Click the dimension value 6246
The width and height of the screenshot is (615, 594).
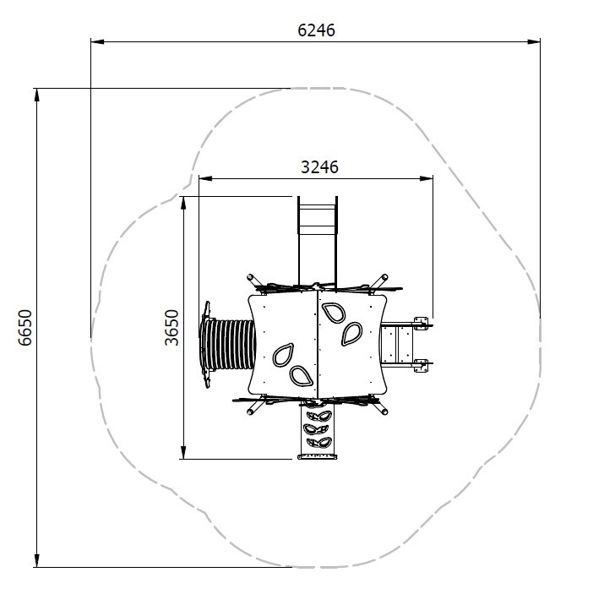click(x=316, y=30)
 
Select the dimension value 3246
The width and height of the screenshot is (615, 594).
click(x=319, y=167)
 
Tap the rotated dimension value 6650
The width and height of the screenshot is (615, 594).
click(x=25, y=328)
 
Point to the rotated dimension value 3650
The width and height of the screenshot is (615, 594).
click(x=171, y=328)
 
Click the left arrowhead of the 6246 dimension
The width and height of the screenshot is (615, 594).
click(x=97, y=41)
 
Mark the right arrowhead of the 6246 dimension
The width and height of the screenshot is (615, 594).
click(x=533, y=41)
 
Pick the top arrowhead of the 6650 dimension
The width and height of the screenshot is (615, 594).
click(x=37, y=95)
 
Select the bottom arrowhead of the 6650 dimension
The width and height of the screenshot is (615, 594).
click(x=37, y=560)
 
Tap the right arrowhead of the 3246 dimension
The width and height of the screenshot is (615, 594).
click(x=427, y=178)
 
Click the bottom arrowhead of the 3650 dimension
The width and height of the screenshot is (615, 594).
click(x=183, y=452)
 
